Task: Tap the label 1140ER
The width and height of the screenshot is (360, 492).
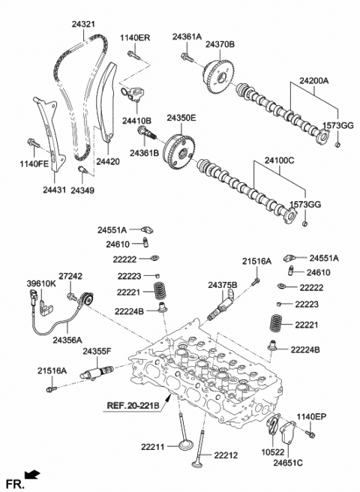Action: coord(135,37)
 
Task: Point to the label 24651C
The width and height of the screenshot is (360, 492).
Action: coord(289,465)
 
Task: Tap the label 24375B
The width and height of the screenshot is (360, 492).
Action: coord(223,285)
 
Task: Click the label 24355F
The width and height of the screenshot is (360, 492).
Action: coord(97,351)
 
